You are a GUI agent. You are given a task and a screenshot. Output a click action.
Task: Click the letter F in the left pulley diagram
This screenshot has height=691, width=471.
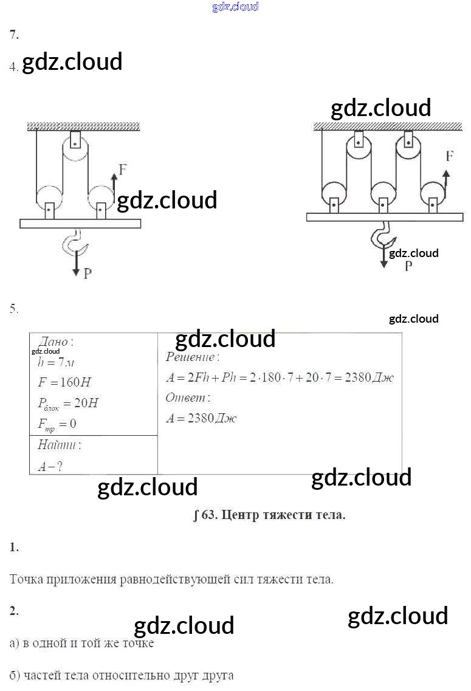coord(123,170)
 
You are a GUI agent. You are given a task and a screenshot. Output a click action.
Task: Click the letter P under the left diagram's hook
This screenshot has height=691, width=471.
coord(88,273)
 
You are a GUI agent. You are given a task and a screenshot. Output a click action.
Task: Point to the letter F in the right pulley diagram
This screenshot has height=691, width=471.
coord(449,156)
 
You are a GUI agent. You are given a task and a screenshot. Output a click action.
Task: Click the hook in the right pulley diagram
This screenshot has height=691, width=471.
coord(382,235)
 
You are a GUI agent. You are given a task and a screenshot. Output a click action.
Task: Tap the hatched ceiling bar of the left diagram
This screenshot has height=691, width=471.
coord(83,126)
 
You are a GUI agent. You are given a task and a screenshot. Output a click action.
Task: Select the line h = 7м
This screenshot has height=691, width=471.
coord(56,362)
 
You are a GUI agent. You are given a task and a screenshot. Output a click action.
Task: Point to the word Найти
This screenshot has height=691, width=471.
coord(59,445)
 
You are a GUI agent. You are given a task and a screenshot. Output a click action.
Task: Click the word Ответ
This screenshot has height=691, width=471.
coord(188,398)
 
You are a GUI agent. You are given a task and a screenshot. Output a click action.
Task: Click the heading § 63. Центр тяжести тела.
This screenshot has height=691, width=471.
coord(269,515)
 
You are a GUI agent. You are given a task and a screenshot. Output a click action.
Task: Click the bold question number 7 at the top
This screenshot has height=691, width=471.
coord(14,35)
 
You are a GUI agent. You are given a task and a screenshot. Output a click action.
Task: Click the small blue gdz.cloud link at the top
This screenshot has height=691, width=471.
coord(235,7)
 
